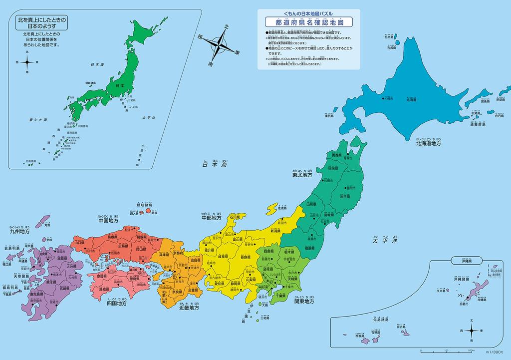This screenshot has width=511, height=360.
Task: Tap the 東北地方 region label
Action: pyautogui.click(x=302, y=175)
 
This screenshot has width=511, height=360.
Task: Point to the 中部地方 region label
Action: pyautogui.click(x=211, y=218)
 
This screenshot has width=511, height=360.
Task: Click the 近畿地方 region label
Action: pyautogui.click(x=190, y=308)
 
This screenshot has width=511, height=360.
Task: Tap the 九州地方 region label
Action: pyautogui.click(x=19, y=232)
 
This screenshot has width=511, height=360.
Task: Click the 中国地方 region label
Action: pyautogui.click(x=108, y=220)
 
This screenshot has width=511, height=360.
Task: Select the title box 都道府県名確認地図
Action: pyautogui.click(x=309, y=22)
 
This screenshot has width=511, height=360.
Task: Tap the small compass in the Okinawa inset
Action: pyautogui.click(x=472, y=331)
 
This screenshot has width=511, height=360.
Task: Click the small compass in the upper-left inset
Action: pyautogui.click(x=27, y=62)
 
